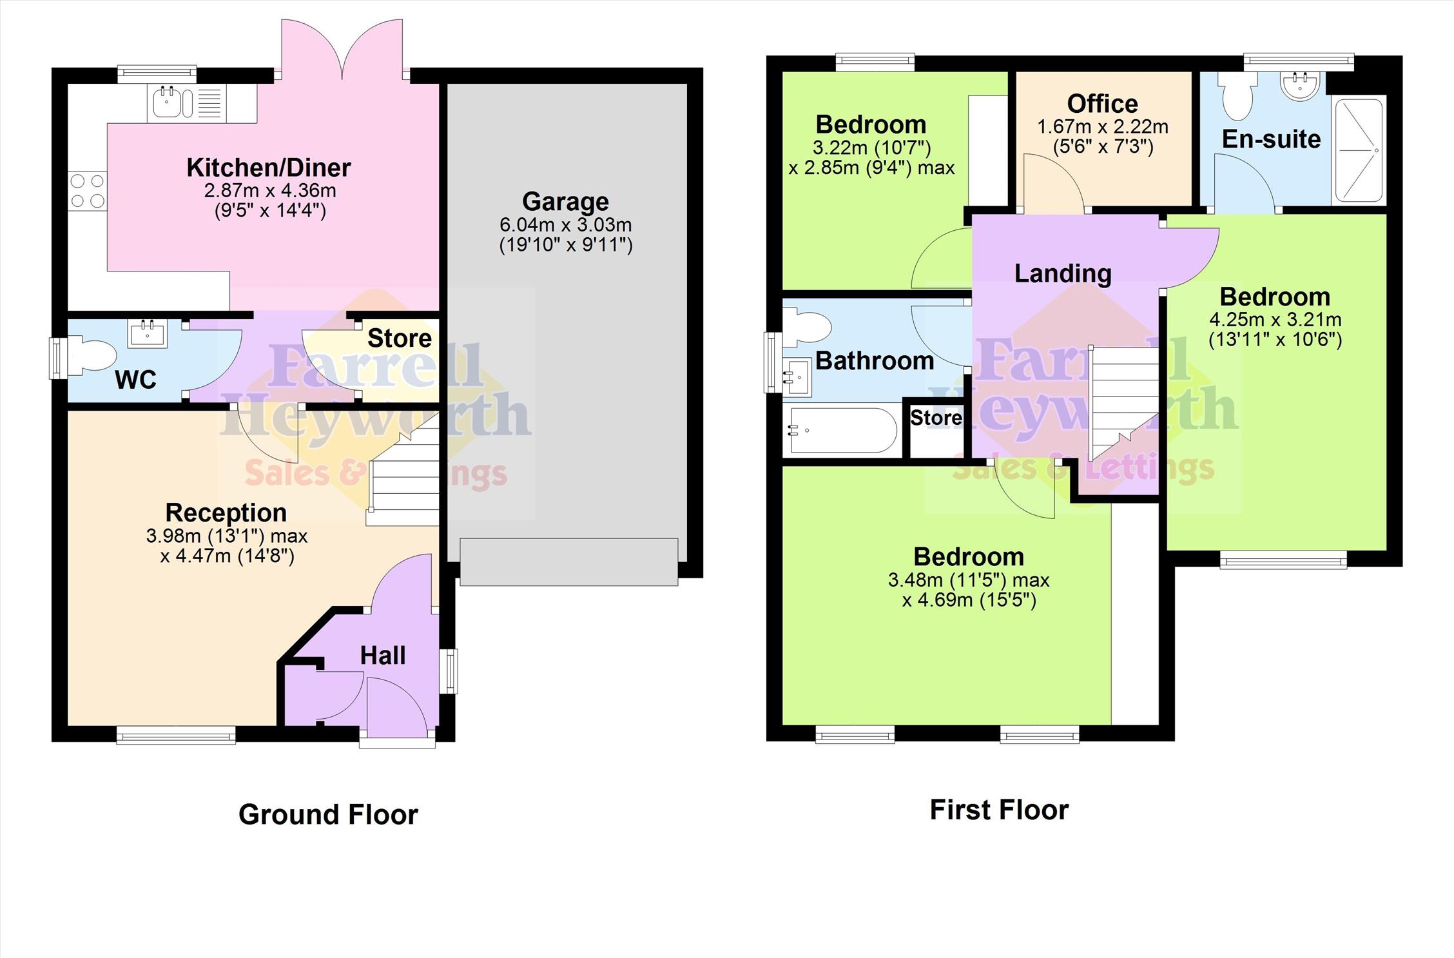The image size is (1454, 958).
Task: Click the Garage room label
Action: (x=565, y=202)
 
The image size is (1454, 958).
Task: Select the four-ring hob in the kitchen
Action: (x=88, y=191)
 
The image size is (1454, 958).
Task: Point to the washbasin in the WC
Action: (x=147, y=333)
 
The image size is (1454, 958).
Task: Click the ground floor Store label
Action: (x=400, y=338)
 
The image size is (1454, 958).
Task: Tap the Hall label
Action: (x=383, y=656)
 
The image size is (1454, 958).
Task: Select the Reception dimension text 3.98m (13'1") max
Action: (x=227, y=536)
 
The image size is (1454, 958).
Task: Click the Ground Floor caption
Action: (x=328, y=815)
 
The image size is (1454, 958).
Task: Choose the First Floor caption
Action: (x=999, y=810)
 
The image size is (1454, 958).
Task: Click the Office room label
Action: (x=1102, y=104)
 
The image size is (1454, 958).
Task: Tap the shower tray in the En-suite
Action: (x=1359, y=150)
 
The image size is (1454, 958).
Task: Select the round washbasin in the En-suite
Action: (x=1300, y=86)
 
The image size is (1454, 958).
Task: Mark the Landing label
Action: (x=1063, y=273)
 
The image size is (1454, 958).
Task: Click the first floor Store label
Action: (x=936, y=418)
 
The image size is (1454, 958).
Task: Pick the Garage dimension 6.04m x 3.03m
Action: (x=565, y=225)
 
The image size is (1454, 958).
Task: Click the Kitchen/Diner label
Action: (x=269, y=168)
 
